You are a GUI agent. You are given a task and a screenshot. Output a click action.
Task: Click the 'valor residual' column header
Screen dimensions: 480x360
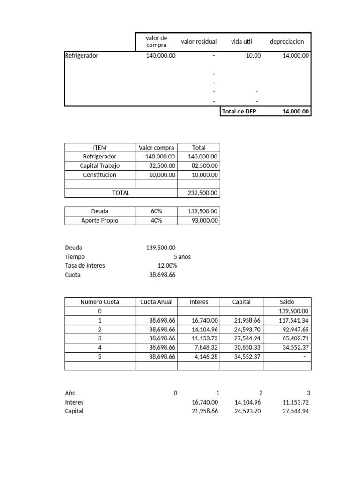[x=199, y=41]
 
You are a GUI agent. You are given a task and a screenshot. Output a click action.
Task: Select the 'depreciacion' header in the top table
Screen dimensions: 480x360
[x=287, y=41]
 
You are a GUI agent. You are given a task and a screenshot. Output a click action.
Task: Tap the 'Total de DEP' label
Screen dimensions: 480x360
[x=240, y=112]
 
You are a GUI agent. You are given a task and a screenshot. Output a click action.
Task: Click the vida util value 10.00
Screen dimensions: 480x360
[x=254, y=55]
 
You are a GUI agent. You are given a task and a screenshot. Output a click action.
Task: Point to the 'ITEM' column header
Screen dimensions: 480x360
[x=99, y=147]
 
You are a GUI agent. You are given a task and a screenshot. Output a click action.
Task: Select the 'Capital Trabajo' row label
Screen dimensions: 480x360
[x=99, y=165]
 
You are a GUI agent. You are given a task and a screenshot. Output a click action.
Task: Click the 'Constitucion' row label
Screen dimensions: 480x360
[x=99, y=175]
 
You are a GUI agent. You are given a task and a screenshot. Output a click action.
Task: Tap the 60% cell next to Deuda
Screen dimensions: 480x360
[x=156, y=211]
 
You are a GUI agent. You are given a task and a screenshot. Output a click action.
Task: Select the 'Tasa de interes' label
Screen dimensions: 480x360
[x=85, y=265]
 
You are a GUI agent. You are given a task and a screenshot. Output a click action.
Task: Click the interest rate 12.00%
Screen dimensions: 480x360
[x=167, y=265]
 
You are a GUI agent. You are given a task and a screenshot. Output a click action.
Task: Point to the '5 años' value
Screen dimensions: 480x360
[x=182, y=256]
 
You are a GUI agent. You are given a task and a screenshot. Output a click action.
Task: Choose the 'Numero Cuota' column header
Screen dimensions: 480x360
[x=99, y=302]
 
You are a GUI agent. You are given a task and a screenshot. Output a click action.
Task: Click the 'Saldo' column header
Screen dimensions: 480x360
[x=287, y=302]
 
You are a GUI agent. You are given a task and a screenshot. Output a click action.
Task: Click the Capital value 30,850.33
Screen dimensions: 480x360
[x=247, y=347]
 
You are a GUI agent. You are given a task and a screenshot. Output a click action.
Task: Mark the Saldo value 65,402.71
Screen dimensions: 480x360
[x=294, y=338]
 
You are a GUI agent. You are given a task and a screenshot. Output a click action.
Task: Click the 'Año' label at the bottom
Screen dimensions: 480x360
[x=70, y=393]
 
